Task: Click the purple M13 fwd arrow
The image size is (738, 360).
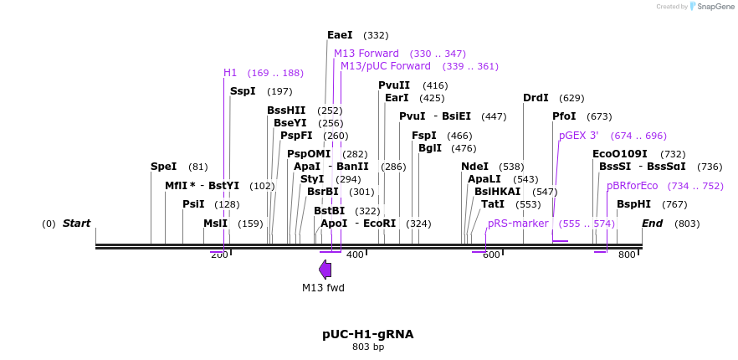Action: [325, 270]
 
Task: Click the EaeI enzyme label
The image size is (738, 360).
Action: [340, 35]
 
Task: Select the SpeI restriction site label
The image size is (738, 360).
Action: [163, 167]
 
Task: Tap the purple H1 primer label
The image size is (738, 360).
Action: [230, 73]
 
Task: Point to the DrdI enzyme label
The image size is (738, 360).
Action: [536, 98]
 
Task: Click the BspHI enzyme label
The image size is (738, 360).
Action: [633, 203]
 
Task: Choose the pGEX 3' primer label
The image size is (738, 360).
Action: [578, 136]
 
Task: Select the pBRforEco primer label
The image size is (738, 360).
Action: [632, 186]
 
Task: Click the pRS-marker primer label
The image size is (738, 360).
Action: [518, 224]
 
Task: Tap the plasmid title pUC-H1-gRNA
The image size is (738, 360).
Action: [368, 334]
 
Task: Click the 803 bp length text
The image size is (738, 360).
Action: [368, 347]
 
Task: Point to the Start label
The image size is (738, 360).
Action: [76, 224]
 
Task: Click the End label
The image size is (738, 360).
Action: [653, 224]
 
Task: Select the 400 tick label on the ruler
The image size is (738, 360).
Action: [355, 255]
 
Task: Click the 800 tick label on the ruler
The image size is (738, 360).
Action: [627, 255]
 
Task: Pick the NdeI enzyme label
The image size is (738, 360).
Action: [474, 167]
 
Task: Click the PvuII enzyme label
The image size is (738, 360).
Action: [394, 85]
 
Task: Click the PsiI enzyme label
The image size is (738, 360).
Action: [193, 203]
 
